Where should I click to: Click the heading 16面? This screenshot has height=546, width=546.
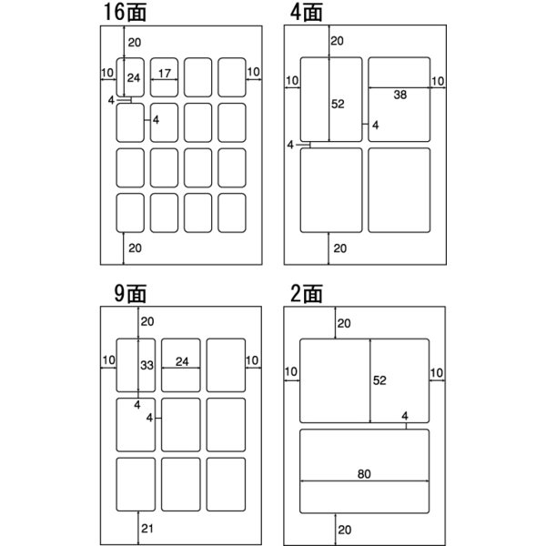tap(125, 12)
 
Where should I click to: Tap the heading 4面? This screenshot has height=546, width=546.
tap(306, 12)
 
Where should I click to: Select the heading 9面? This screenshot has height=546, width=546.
tap(130, 294)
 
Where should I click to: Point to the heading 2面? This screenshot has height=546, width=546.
tap(307, 294)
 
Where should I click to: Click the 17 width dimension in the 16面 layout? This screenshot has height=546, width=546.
tap(165, 74)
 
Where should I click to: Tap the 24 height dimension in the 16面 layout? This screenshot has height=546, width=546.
tap(134, 77)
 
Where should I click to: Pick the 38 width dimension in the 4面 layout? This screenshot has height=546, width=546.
tap(400, 95)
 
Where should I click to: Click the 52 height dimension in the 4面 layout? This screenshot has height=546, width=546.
tap(338, 104)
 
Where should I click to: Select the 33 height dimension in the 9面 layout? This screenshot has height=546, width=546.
tap(147, 365)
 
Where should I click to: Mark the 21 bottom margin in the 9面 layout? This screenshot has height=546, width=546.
tap(147, 528)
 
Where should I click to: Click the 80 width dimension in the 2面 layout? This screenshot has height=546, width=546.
tap(364, 474)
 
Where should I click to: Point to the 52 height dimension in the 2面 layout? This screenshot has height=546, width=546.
tap(379, 380)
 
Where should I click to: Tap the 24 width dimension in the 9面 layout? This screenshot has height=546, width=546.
tap(182, 362)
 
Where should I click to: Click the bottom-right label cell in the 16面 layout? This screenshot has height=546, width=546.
tap(232, 213)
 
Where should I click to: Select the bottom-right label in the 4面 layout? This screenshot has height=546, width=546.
tap(399, 190)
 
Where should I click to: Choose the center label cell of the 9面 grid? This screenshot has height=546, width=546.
tap(181, 425)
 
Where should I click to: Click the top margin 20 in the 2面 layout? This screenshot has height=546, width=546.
tap(344, 323)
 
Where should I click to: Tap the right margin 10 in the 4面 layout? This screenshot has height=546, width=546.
tap(438, 81)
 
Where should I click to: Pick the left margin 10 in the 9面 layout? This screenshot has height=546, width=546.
tap(108, 360)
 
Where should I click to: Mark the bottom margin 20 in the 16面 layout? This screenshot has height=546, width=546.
tap(135, 248)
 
